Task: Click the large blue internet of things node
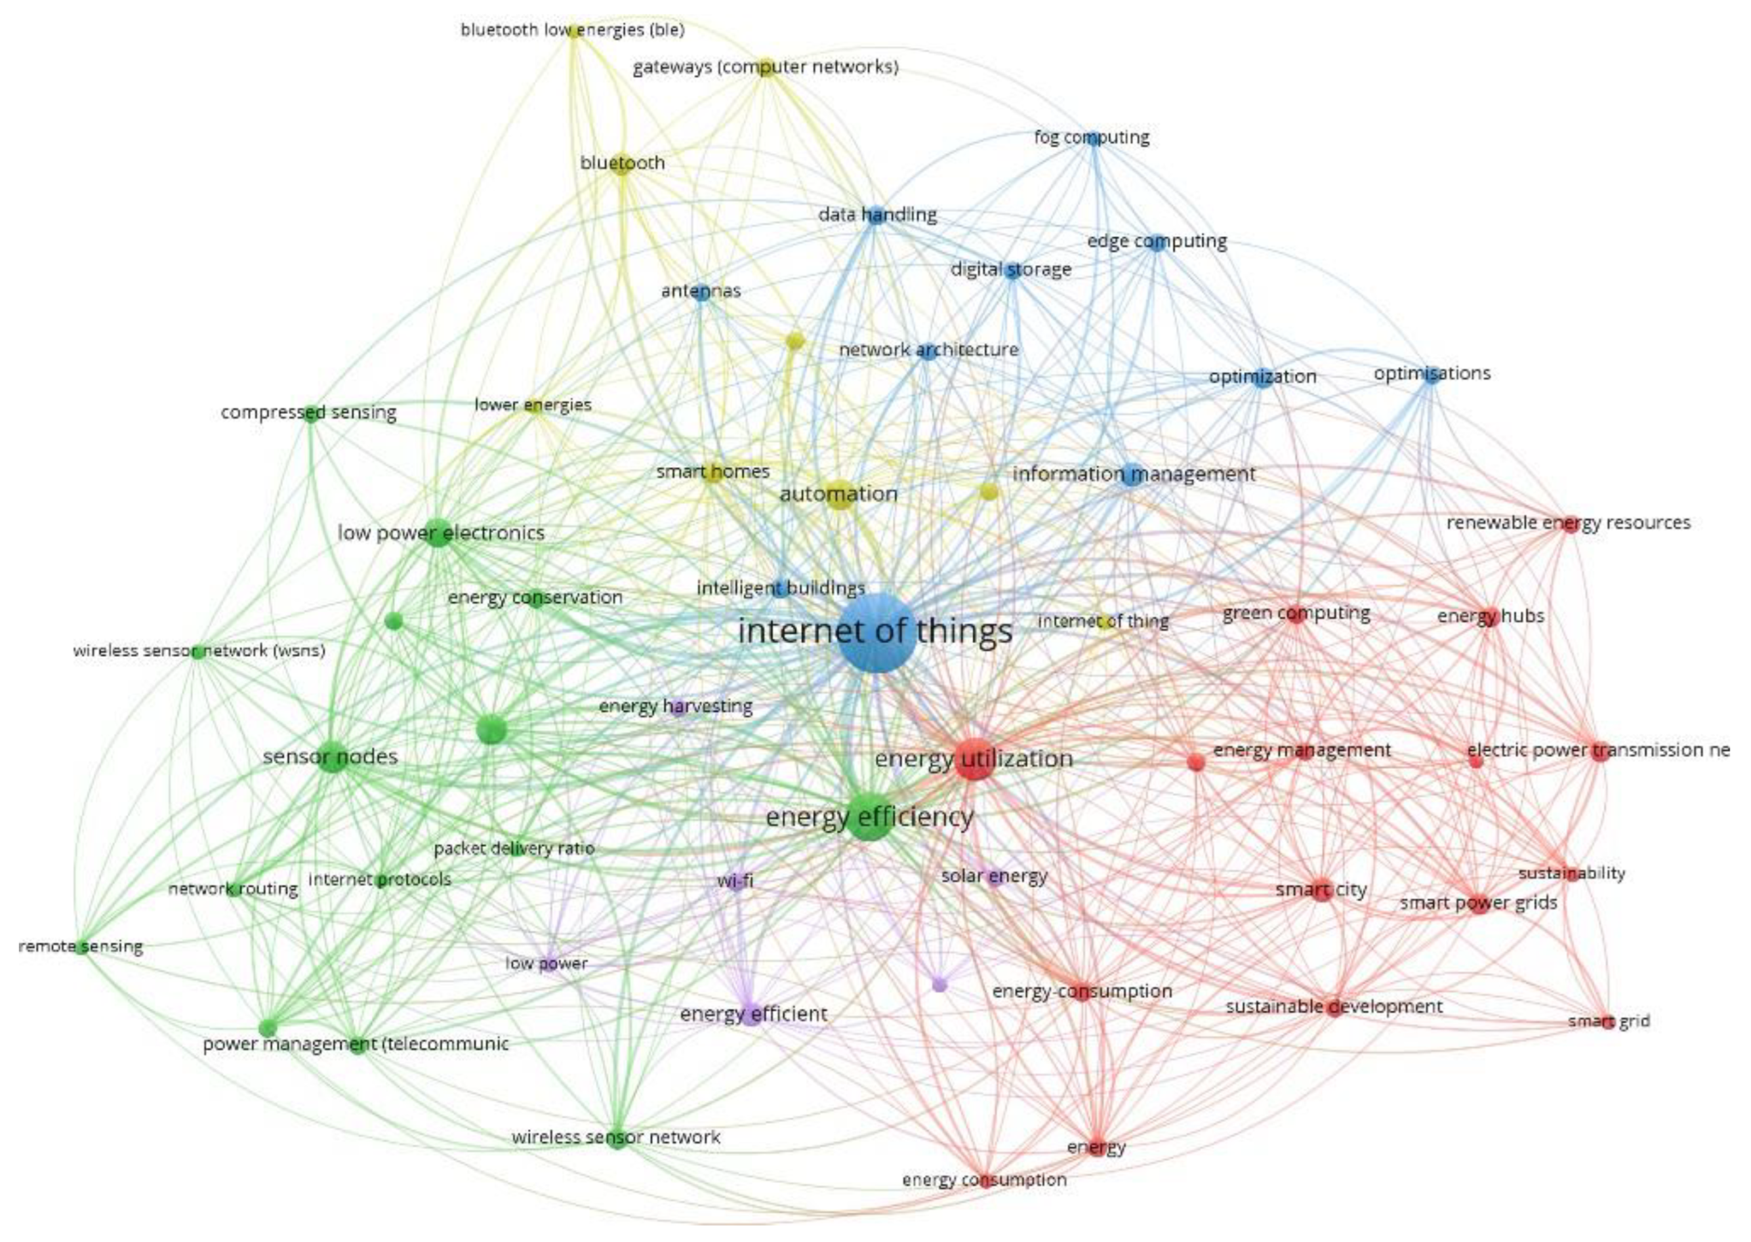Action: click(877, 632)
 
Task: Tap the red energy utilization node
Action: click(974, 758)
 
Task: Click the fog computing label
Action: click(1091, 138)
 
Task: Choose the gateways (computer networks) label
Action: click(766, 68)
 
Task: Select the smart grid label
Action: click(1609, 1021)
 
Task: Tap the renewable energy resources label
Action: click(1568, 523)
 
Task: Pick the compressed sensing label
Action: click(308, 413)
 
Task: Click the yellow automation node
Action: click(840, 495)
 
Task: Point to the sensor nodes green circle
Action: click(333, 756)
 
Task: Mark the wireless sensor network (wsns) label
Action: click(199, 652)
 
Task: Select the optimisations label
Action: click(1432, 374)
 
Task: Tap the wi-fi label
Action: click(735, 881)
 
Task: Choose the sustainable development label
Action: click(1334, 1006)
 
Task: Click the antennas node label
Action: click(701, 291)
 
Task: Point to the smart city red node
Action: click(1322, 891)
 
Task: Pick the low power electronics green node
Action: click(438, 532)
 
